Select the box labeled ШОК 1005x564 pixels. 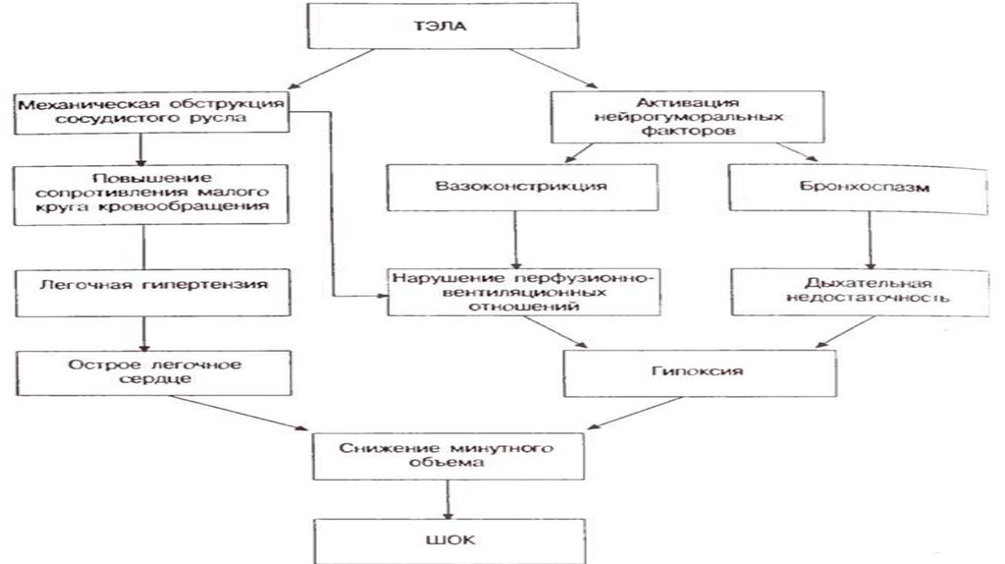[x=449, y=539]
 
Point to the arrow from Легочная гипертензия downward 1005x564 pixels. [x=144, y=332]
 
